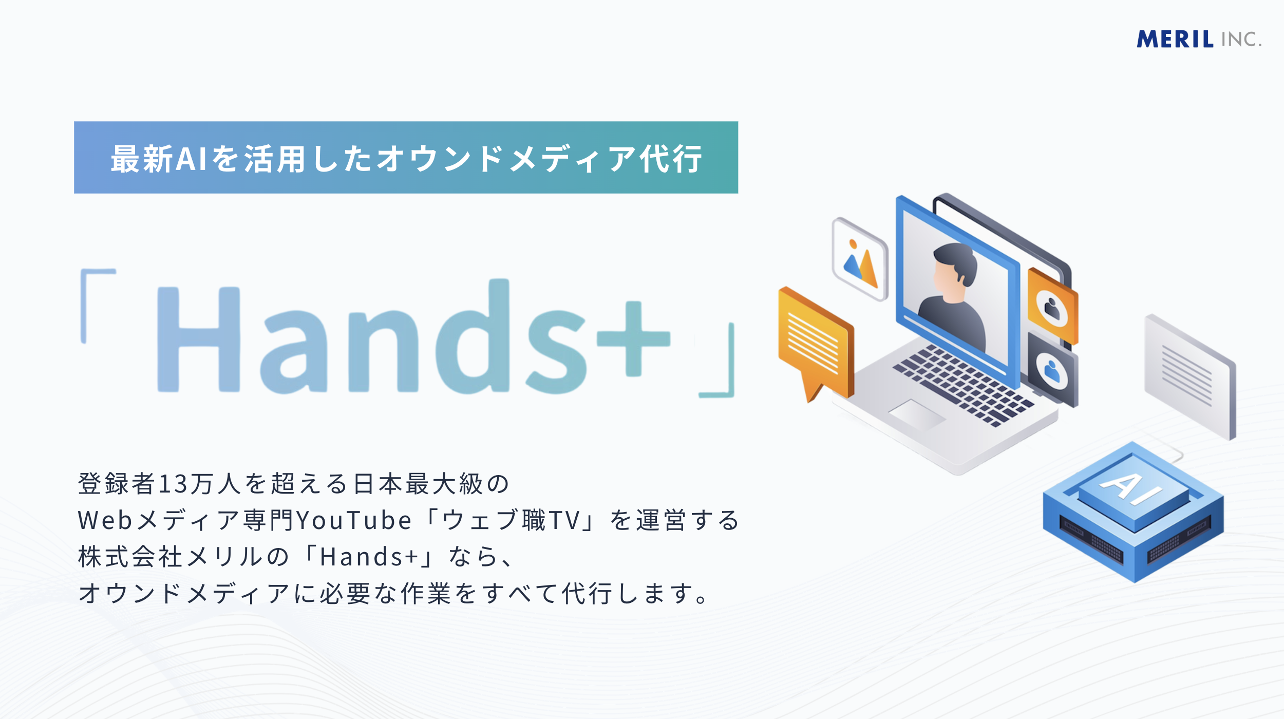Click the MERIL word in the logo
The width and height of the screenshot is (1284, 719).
1175,40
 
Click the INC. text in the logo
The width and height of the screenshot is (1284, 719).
1241,40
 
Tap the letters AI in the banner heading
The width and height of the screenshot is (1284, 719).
191,159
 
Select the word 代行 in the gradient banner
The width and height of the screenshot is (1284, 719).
671,159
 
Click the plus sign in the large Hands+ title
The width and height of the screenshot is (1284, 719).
633,338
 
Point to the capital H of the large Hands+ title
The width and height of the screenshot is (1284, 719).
198,339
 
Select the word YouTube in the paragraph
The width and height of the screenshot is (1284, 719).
354,520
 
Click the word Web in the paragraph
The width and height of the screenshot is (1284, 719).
105,520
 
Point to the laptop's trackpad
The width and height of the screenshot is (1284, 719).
917,413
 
